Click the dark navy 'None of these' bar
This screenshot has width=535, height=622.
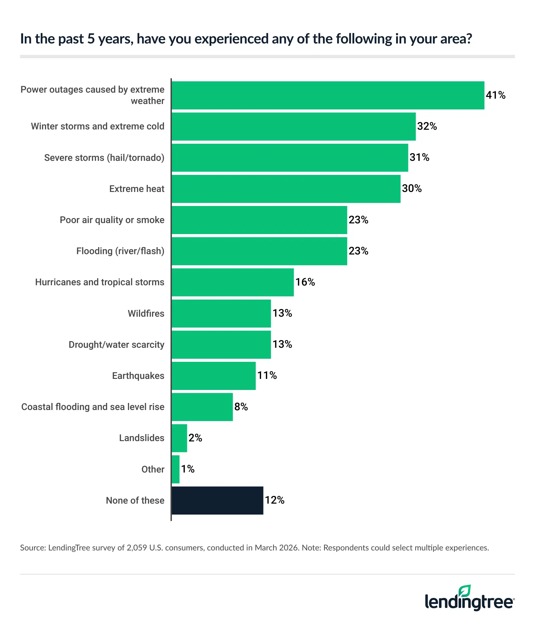(x=217, y=500)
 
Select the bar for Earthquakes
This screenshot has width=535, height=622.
(x=214, y=376)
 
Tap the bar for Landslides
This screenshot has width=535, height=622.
(x=179, y=438)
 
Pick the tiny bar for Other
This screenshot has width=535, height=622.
(x=176, y=469)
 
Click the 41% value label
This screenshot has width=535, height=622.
(x=495, y=95)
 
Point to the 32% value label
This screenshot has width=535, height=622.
(x=427, y=126)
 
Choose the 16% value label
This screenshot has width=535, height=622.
(x=305, y=282)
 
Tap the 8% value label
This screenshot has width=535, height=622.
(x=241, y=407)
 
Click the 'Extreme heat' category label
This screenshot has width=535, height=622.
(x=137, y=189)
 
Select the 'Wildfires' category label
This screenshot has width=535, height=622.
(x=146, y=314)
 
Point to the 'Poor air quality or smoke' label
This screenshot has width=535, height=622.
(x=112, y=220)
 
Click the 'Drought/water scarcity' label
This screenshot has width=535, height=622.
(x=116, y=345)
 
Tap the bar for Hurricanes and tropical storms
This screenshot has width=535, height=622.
(x=233, y=282)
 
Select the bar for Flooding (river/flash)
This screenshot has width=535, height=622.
(x=259, y=251)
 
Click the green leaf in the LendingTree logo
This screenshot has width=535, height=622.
(x=465, y=591)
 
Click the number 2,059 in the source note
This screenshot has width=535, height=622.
(x=137, y=548)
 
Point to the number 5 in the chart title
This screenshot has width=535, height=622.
(x=91, y=39)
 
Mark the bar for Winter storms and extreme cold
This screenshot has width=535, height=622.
(x=294, y=126)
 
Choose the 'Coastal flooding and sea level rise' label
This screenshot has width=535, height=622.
(x=93, y=407)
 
